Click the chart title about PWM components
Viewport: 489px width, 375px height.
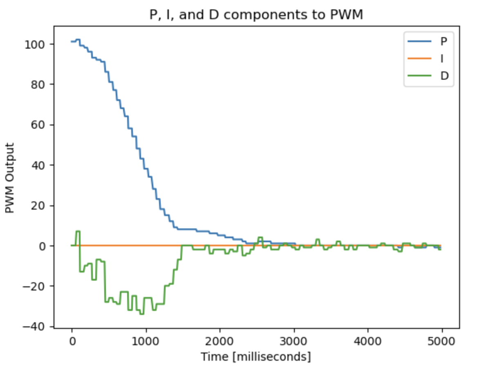click(256, 15)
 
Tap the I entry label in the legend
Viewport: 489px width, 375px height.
click(442, 58)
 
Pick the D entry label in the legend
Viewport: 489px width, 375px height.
click(444, 76)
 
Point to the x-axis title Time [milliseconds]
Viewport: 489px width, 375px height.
click(256, 357)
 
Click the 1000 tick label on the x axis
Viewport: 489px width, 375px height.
click(146, 342)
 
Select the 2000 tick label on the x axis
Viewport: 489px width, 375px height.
click(220, 342)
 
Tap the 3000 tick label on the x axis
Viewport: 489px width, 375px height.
click(294, 342)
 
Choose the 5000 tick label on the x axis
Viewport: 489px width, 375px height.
click(442, 342)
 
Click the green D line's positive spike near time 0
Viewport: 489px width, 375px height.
click(78, 232)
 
